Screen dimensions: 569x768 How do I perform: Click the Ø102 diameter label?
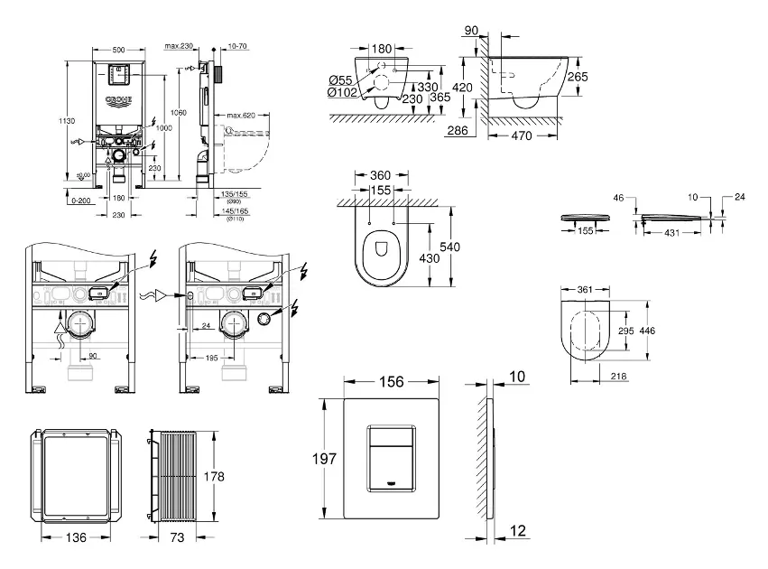[343, 91]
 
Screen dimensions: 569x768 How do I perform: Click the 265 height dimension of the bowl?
[578, 78]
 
